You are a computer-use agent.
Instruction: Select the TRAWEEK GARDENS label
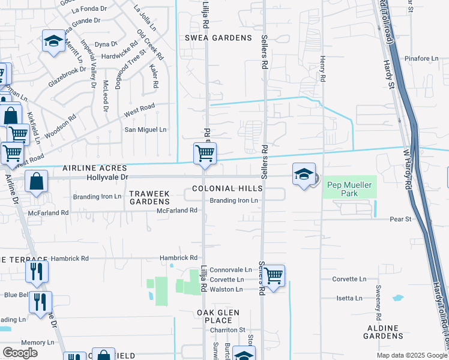pyautogui.click(x=150, y=197)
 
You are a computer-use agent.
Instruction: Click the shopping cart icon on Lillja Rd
pyautogui.click(x=205, y=154)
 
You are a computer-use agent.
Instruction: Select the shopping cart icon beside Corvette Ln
pyautogui.click(x=273, y=276)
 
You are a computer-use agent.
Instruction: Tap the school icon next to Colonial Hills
pyautogui.click(x=304, y=175)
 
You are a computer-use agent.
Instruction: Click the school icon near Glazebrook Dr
pyautogui.click(x=53, y=42)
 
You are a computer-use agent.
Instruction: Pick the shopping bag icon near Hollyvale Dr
pyautogui.click(x=37, y=181)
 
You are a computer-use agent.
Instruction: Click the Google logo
pyautogui.click(x=20, y=353)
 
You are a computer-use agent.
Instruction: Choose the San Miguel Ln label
pyautogui.click(x=145, y=130)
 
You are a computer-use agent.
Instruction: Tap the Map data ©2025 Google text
pyautogui.click(x=411, y=355)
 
